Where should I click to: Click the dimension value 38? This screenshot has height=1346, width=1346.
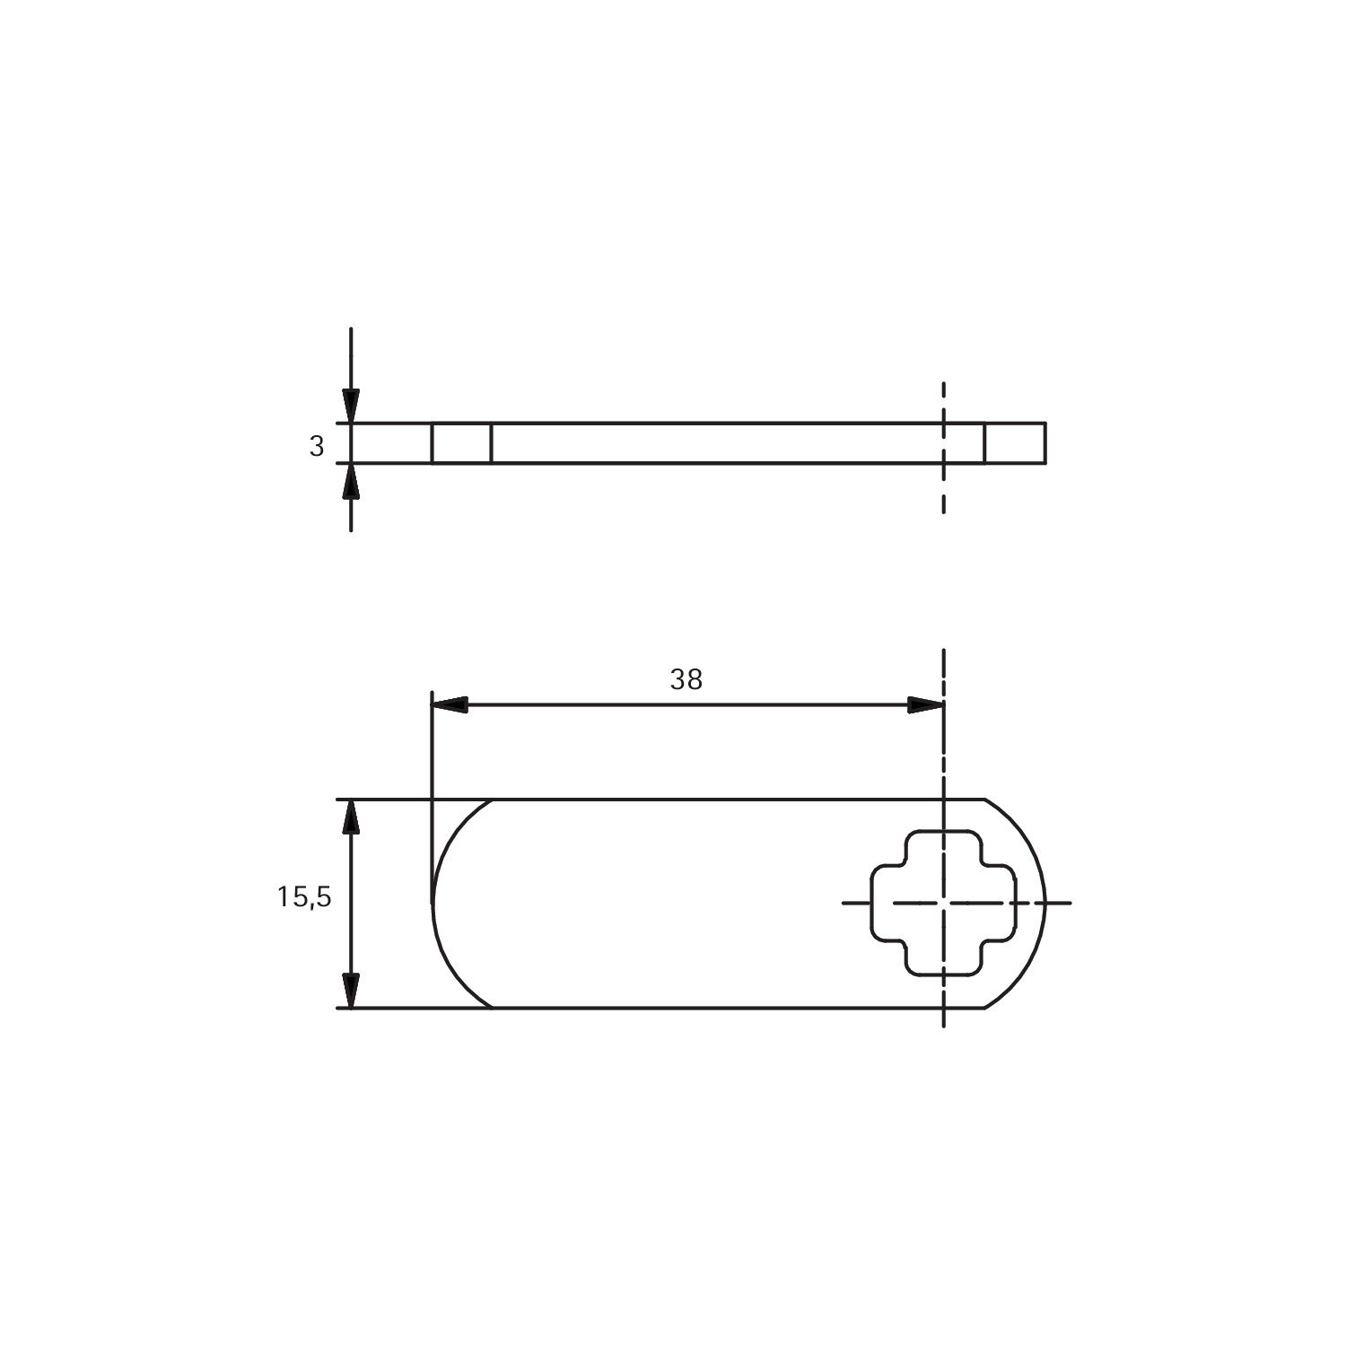[686, 680]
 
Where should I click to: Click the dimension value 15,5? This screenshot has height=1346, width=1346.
[304, 896]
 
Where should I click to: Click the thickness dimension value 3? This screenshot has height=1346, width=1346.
[316, 446]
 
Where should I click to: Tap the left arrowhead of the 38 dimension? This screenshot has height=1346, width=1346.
[450, 704]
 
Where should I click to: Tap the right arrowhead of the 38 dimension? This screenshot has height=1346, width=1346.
[925, 704]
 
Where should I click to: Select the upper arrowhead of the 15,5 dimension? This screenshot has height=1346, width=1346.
[351, 817]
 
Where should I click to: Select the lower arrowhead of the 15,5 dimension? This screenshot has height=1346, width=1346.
[351, 990]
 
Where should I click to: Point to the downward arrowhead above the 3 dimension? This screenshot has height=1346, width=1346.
[351, 406]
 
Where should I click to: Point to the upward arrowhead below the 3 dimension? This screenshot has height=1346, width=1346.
[351, 480]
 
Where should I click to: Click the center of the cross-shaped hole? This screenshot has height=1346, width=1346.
[944, 902]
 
